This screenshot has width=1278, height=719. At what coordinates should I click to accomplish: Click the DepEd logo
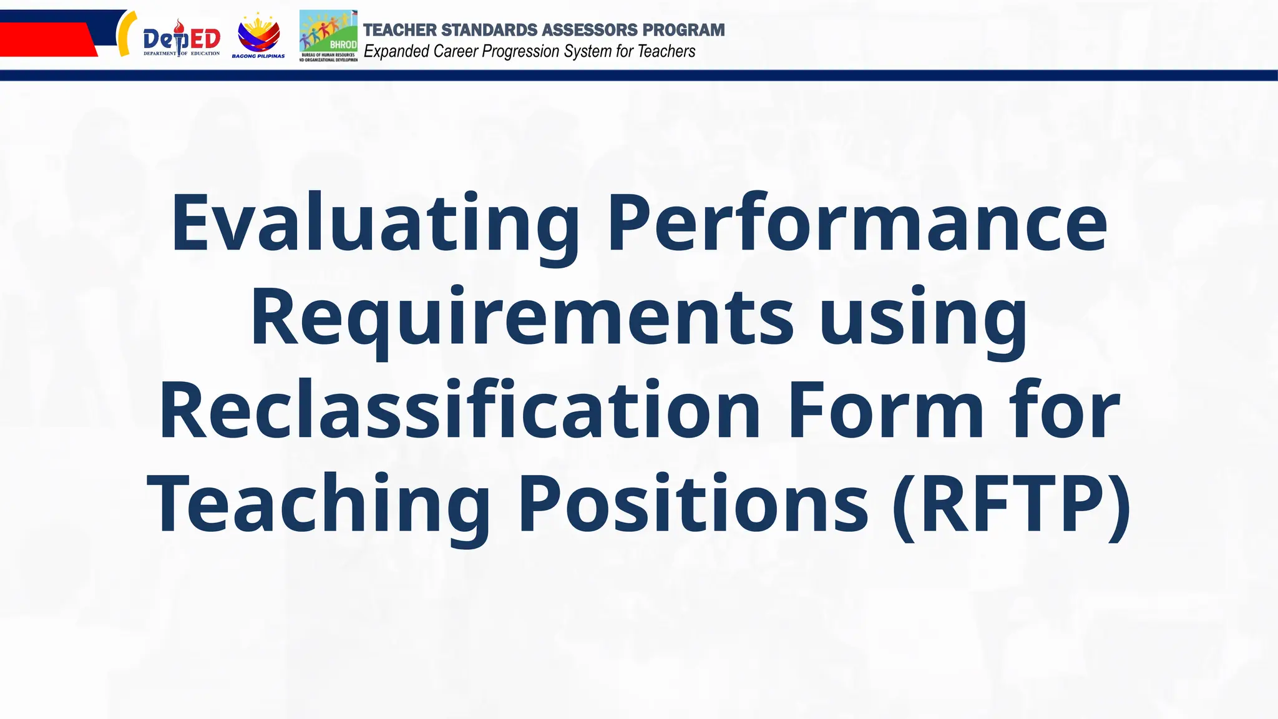[x=181, y=39]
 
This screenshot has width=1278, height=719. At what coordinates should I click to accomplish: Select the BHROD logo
[x=328, y=36]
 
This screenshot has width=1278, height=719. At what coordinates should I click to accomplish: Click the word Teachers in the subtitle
[x=666, y=51]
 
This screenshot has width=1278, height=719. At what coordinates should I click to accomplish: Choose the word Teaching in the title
[x=318, y=504]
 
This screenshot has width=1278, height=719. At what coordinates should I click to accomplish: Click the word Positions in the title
[x=693, y=504]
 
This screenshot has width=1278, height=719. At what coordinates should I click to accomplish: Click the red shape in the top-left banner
[x=47, y=39]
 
